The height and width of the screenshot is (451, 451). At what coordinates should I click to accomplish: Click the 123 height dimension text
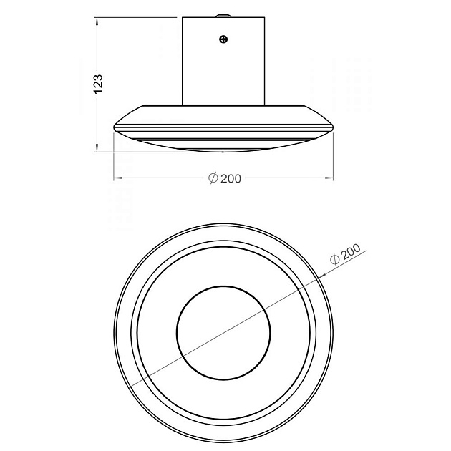98,84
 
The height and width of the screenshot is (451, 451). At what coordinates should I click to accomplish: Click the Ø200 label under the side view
225,178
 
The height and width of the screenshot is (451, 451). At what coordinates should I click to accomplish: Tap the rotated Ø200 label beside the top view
345,254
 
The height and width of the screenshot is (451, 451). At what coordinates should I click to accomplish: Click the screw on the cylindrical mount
223,39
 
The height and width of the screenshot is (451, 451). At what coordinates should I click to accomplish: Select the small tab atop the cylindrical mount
223,16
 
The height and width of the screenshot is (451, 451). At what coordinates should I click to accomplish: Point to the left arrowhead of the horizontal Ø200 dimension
117,178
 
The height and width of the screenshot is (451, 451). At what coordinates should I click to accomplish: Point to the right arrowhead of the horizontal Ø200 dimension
329,178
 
